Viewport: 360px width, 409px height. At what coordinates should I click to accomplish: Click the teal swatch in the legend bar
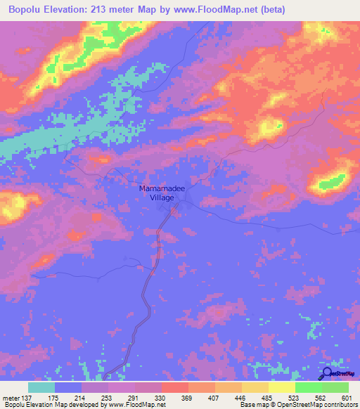[x=41, y=387]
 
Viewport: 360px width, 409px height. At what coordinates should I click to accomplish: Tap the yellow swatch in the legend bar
[x=282, y=387]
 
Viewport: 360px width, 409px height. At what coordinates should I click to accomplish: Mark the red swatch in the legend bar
[x=175, y=387]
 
